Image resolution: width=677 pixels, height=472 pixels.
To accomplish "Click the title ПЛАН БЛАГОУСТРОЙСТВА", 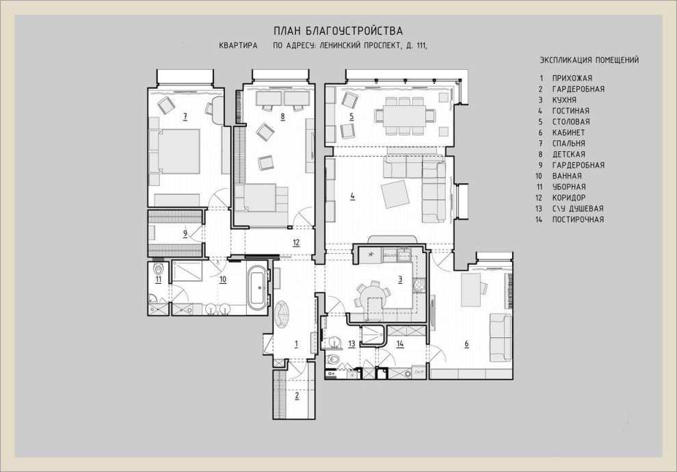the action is coord(338,31).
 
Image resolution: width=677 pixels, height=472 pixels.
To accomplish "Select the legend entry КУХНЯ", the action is coord(564,100).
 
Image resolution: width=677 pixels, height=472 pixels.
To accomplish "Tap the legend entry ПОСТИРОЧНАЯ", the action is coord(578,220).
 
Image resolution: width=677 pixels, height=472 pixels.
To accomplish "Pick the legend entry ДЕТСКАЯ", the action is coord(569,154).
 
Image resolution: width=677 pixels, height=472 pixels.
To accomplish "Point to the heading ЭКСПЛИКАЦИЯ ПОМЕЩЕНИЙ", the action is coord(589,60).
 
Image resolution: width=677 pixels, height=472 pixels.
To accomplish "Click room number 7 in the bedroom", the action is coord(185,116).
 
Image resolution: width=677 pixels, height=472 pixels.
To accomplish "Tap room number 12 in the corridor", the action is coord(296,243).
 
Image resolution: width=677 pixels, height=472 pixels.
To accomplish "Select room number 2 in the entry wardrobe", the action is coord(297,395).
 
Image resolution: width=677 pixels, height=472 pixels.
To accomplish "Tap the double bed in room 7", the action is coord(174,151).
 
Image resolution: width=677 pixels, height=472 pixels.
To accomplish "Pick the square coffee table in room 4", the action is coord(395,194).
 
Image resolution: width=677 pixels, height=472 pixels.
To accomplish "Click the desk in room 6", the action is coord(470,289).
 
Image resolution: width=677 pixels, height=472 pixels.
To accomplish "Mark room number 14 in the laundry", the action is coord(400,344).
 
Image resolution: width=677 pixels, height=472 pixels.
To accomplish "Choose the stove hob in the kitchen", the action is coord(419,284).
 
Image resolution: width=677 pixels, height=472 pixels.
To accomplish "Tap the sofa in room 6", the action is coord(501,337).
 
